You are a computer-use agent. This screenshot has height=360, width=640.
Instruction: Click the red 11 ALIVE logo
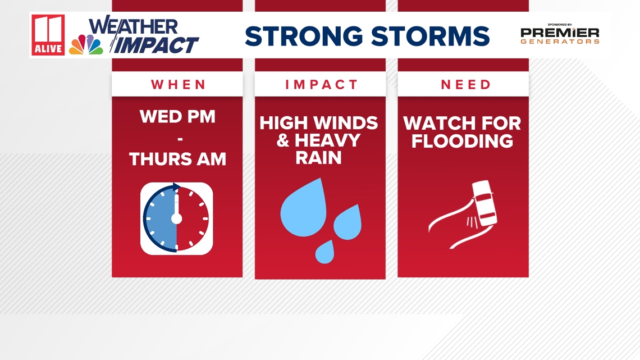[x=48, y=35]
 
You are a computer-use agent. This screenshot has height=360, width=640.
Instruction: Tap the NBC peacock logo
[x=86, y=44]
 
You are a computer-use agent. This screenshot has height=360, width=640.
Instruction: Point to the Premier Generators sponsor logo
[x=560, y=34]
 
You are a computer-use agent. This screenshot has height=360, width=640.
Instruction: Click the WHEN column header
[x=179, y=84]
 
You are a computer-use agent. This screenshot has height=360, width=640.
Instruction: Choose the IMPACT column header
[x=321, y=84]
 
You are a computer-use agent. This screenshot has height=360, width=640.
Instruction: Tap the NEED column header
[x=466, y=84]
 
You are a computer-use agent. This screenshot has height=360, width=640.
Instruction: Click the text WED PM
[x=177, y=117]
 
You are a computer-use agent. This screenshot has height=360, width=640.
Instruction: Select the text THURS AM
[x=177, y=159]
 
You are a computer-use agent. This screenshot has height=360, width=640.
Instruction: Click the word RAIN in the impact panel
[x=318, y=158]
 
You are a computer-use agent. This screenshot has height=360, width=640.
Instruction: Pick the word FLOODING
[x=462, y=141]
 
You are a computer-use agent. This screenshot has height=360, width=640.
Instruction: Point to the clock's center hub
[x=176, y=219]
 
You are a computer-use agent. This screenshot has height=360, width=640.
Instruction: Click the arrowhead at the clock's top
[x=176, y=187]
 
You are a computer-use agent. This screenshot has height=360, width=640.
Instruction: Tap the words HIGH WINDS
[x=319, y=123]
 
